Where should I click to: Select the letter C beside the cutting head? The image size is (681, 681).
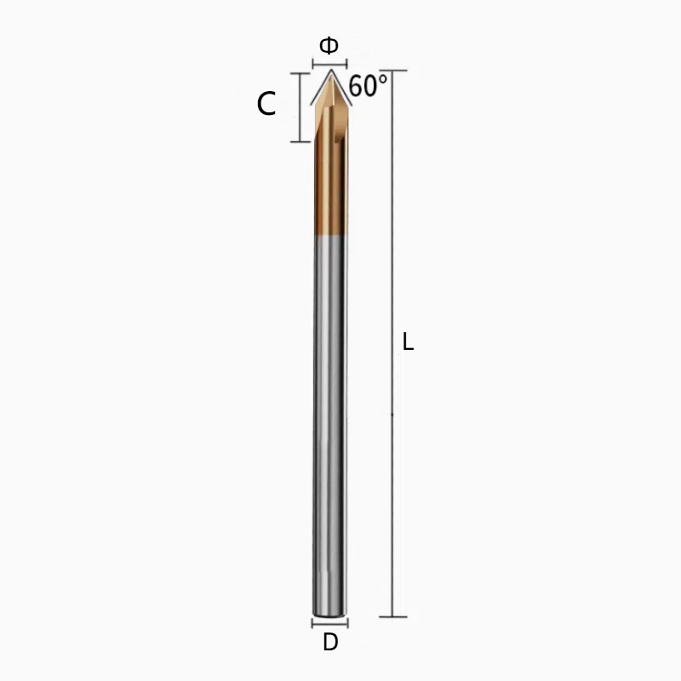[x=266, y=105]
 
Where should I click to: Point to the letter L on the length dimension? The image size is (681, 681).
[x=408, y=342]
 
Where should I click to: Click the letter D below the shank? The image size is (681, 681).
[x=330, y=643]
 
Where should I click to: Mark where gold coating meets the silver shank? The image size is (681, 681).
[x=329, y=237]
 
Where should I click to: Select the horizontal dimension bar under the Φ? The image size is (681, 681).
[x=329, y=64]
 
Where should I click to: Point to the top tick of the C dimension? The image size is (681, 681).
[x=300, y=73]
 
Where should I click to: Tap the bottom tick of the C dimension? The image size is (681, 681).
[x=300, y=141]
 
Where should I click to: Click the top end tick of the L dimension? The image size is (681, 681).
[x=393, y=71]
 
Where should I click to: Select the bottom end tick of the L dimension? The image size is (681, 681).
[x=393, y=616]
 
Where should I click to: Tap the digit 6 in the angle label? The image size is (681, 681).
[x=356, y=87]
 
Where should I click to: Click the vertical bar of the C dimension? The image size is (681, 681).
[x=300, y=107]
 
